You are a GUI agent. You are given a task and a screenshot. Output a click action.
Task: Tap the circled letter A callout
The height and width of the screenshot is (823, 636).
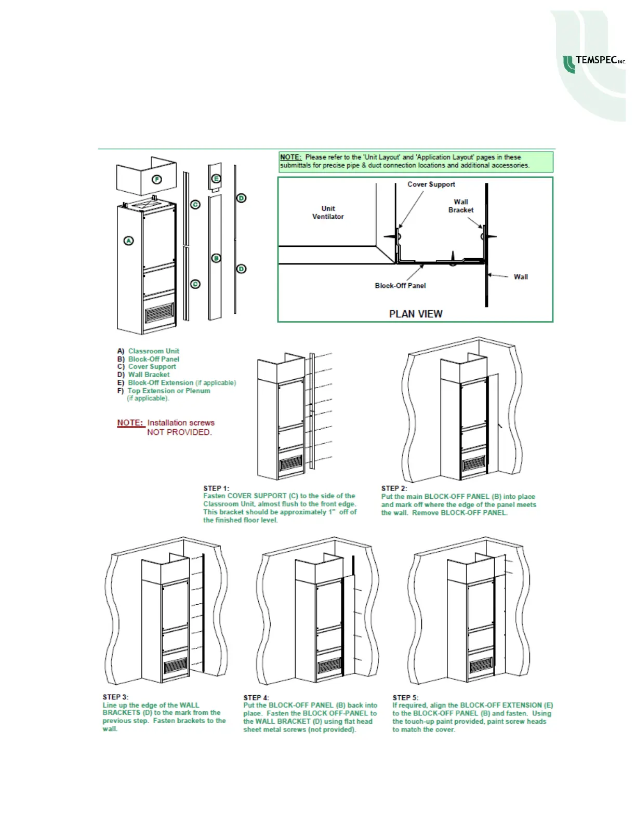coord(128,241)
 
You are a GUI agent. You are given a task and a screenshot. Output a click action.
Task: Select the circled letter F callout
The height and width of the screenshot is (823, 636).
coord(156,180)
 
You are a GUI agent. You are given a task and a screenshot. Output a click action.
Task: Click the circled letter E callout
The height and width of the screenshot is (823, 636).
coord(216,179)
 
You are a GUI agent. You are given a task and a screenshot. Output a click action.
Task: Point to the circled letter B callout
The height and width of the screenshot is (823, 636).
coord(216,258)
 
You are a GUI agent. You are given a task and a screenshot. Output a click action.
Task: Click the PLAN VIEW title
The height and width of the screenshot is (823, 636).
coord(416,314)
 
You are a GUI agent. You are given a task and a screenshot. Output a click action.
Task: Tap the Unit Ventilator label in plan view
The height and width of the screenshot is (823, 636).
coord(328,213)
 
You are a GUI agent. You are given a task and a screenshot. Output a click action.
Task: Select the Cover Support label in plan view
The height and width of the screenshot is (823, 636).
coord(431,184)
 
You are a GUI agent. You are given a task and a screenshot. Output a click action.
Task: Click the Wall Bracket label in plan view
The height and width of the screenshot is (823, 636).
coord(461,206)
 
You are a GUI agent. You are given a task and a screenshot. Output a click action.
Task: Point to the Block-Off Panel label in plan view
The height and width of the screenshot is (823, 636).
coord(400,286)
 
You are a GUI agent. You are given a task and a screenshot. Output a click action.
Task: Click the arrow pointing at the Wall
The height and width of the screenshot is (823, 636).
coord(499,276)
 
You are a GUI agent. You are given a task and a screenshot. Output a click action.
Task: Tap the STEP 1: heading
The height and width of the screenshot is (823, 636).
coord(216,488)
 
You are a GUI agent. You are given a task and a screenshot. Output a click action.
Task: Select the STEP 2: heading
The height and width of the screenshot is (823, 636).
coord(394,488)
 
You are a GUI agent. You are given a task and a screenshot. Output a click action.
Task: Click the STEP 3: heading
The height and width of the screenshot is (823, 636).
coord(115,697)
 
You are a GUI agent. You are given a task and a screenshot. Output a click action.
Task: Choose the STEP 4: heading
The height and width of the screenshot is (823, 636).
coord(256,697)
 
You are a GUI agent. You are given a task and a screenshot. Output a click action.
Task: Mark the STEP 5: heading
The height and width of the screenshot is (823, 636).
coord(405,697)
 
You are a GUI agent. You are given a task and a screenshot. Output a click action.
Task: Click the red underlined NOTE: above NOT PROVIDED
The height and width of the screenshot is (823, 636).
coord(130,423)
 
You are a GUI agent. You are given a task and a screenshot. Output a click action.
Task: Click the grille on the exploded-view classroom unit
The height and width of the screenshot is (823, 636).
coord(159,313)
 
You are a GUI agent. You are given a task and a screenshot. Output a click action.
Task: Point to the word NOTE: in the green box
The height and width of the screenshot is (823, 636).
coord(290,157)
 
